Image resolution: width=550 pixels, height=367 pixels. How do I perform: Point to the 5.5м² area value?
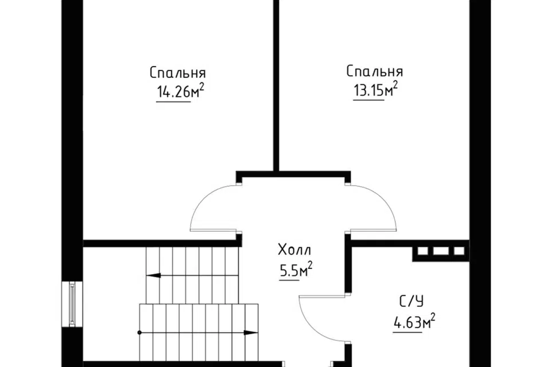pyautogui.click(x=296, y=270)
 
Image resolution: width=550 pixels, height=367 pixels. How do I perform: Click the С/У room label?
pyautogui.click(x=411, y=302)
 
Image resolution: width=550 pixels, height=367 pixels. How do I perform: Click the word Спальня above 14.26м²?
pyautogui.click(x=178, y=73)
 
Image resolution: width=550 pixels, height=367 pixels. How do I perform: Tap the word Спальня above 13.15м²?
pyautogui.click(x=375, y=72)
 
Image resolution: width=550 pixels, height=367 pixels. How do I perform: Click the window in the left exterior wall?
pyautogui.click(x=72, y=304)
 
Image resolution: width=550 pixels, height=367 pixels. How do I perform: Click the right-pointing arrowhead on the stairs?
pyautogui.click(x=250, y=332)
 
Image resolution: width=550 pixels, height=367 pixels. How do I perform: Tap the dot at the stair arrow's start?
pyautogui.click(x=139, y=332)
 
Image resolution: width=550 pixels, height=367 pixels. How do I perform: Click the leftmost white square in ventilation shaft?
pyautogui.click(x=423, y=251)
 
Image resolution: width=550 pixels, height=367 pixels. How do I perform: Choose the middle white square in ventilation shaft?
pyautogui.click(x=441, y=251)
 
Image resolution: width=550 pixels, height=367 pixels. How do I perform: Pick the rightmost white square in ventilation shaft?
pyautogui.click(x=458, y=251)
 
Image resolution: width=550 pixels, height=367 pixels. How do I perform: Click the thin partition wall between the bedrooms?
pyautogui.click(x=276, y=86)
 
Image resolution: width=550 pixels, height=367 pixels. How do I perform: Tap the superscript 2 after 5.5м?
pyautogui.click(x=309, y=265)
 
